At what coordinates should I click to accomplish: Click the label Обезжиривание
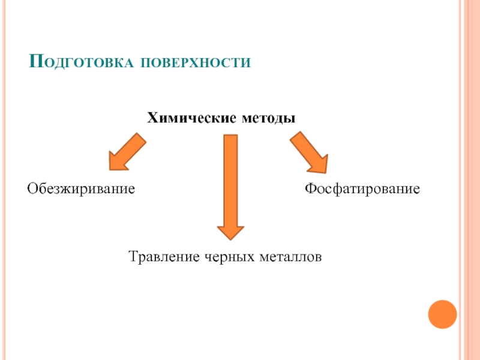tap(80, 189)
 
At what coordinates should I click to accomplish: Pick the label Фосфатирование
tap(362, 189)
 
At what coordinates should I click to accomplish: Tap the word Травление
tap(164, 257)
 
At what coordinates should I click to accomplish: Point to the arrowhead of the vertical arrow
tap(230, 233)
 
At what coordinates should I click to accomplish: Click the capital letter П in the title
tap(36, 61)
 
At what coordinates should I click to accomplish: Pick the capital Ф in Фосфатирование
tap(310, 189)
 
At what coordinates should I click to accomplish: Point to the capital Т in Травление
tap(133, 257)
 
